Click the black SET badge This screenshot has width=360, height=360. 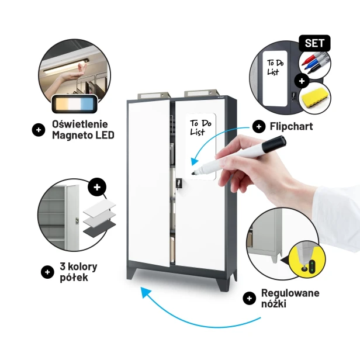click(314, 43)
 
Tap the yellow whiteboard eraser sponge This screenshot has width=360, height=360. click(314, 98)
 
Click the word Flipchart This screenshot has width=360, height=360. click(291, 126)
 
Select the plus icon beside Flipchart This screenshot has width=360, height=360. click(259, 126)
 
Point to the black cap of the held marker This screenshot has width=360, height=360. click(274, 144)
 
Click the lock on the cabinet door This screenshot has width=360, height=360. click(179, 183)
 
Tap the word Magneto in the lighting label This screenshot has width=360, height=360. click(72, 135)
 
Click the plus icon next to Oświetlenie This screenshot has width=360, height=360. click(39, 130)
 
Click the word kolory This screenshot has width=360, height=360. click(82, 266)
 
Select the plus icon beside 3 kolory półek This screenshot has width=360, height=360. click(47, 272)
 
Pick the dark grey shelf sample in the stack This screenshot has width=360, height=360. click(99, 229)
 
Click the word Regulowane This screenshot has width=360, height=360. click(290, 293)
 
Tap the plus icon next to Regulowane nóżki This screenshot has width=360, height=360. click(250, 298)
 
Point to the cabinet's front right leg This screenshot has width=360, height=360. click(223, 281)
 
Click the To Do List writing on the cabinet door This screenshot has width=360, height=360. click(200, 127)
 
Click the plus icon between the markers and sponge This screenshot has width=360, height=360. click(302, 81)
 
